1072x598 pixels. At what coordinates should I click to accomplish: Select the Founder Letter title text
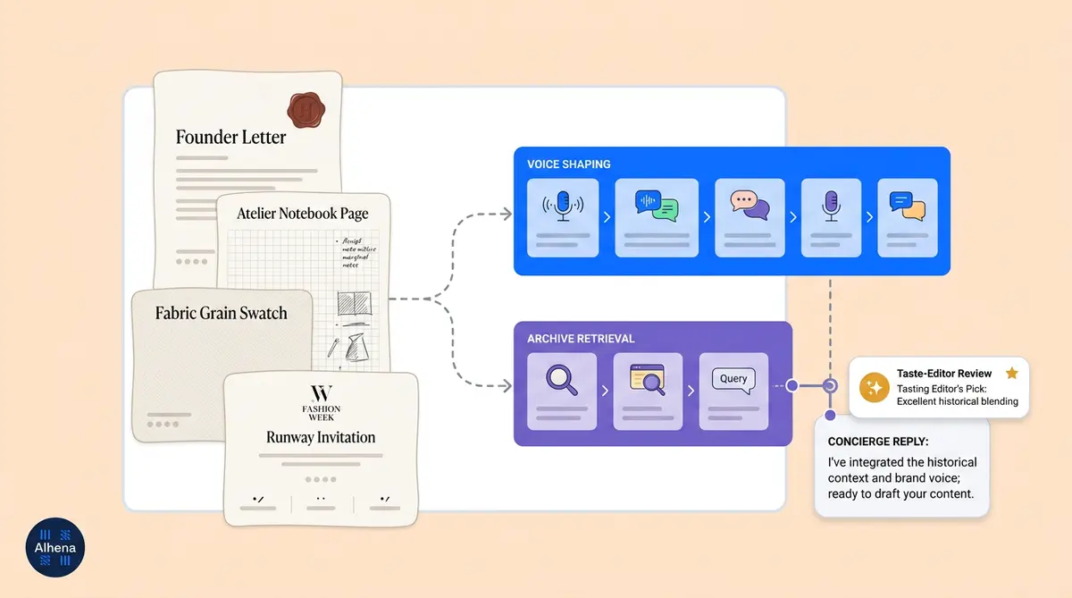pos(230,137)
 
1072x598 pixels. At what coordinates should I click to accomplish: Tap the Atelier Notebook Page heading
pos(302,214)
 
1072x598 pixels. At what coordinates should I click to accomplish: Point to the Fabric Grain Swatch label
pos(221,313)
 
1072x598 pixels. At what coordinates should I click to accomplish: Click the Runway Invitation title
pos(320,437)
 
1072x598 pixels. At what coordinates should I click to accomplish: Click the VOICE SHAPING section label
pos(569,164)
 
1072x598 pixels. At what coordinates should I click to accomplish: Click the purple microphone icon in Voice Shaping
pos(831,205)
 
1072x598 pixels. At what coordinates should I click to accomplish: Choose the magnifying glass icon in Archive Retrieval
pos(562,379)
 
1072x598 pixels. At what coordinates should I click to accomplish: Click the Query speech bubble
pos(733,379)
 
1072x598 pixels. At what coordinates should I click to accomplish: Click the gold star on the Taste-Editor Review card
pos(1011,373)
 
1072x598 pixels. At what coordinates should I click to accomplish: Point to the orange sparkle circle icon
pos(873,388)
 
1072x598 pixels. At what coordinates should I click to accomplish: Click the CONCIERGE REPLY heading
pos(878,442)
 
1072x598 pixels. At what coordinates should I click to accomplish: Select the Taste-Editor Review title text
pos(944,374)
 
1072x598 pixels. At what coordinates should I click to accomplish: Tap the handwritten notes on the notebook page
pos(359,252)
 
